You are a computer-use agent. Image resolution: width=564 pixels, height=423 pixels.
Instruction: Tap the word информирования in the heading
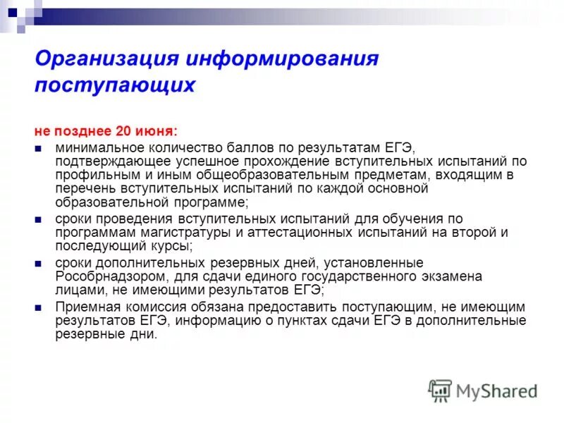click(x=283, y=59)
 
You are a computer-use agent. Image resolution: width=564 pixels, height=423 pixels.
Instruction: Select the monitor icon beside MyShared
click(x=441, y=391)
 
